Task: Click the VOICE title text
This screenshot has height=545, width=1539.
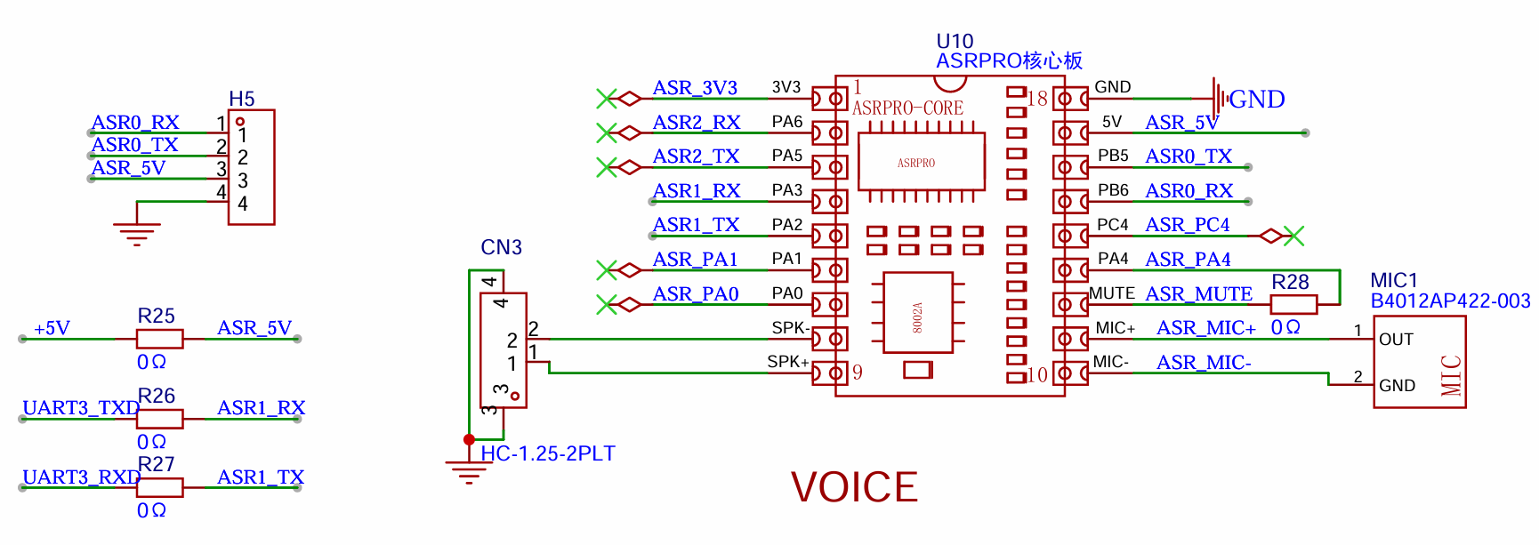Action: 854,487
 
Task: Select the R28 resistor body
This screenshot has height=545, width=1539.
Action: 1293,304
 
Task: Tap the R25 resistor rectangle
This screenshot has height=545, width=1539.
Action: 159,339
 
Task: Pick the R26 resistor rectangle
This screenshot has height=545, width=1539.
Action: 159,419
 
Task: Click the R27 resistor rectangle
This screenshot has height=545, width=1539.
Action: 159,487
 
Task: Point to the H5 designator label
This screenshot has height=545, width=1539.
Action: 242,99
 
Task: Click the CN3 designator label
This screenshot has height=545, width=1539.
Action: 501,247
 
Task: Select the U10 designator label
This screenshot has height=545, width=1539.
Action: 955,41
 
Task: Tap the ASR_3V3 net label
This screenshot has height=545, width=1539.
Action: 695,88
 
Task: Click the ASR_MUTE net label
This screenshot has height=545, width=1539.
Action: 1198,294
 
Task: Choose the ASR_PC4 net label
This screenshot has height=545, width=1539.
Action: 1188,225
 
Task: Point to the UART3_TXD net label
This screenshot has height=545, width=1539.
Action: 81,408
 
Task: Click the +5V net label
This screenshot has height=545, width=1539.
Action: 52,328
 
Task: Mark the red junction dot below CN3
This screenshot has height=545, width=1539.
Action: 469,439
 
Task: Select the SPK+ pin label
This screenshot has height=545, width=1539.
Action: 788,362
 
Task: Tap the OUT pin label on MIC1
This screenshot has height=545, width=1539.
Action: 1396,340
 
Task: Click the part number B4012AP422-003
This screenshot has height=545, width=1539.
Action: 1450,301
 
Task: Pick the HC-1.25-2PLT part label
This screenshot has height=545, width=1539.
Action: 548,453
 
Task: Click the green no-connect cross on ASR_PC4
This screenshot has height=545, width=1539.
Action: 1294,236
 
